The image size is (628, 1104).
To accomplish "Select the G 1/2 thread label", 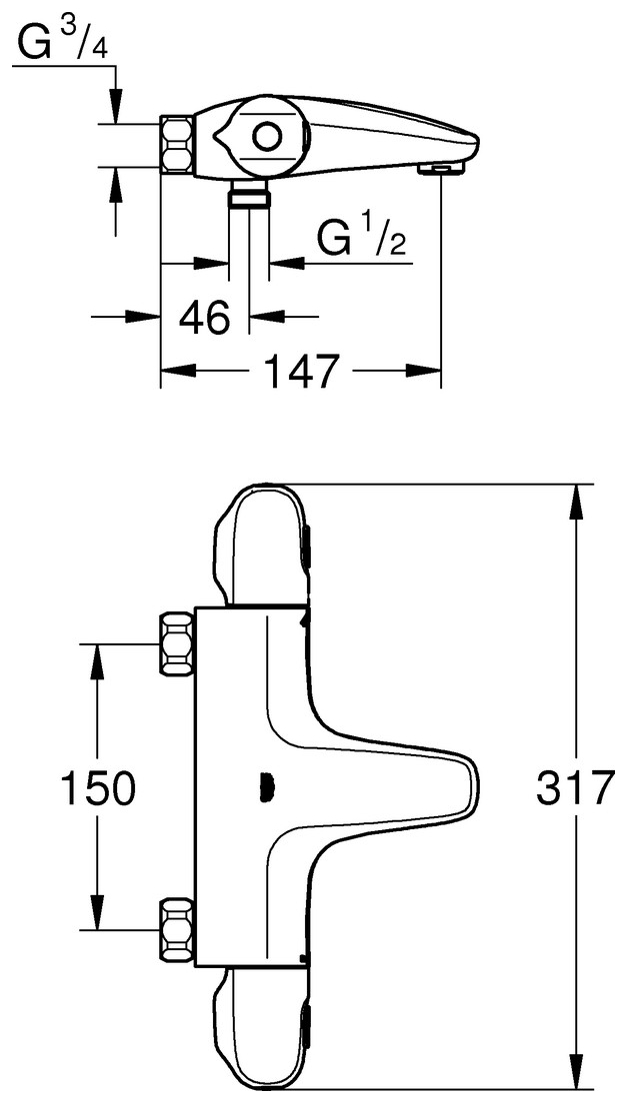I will (363, 240).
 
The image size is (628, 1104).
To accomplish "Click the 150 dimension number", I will (97, 788).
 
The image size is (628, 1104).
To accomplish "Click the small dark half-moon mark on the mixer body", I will (265, 787).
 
